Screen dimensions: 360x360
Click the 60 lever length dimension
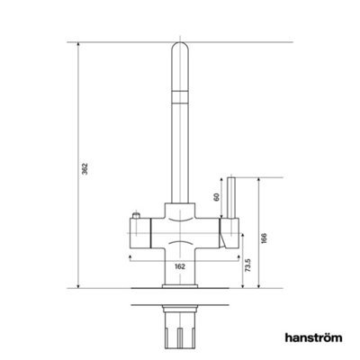(x=216, y=196)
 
